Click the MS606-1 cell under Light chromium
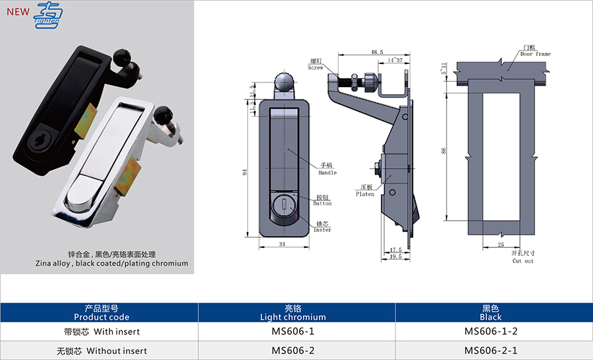click(296, 332)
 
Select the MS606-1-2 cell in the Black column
click(492, 332)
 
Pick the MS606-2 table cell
click(296, 351)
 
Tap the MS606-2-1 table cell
click(492, 351)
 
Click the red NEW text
click(18, 11)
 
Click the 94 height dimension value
click(245, 173)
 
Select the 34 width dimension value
click(283, 245)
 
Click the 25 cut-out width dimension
click(501, 245)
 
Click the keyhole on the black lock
click(37, 138)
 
